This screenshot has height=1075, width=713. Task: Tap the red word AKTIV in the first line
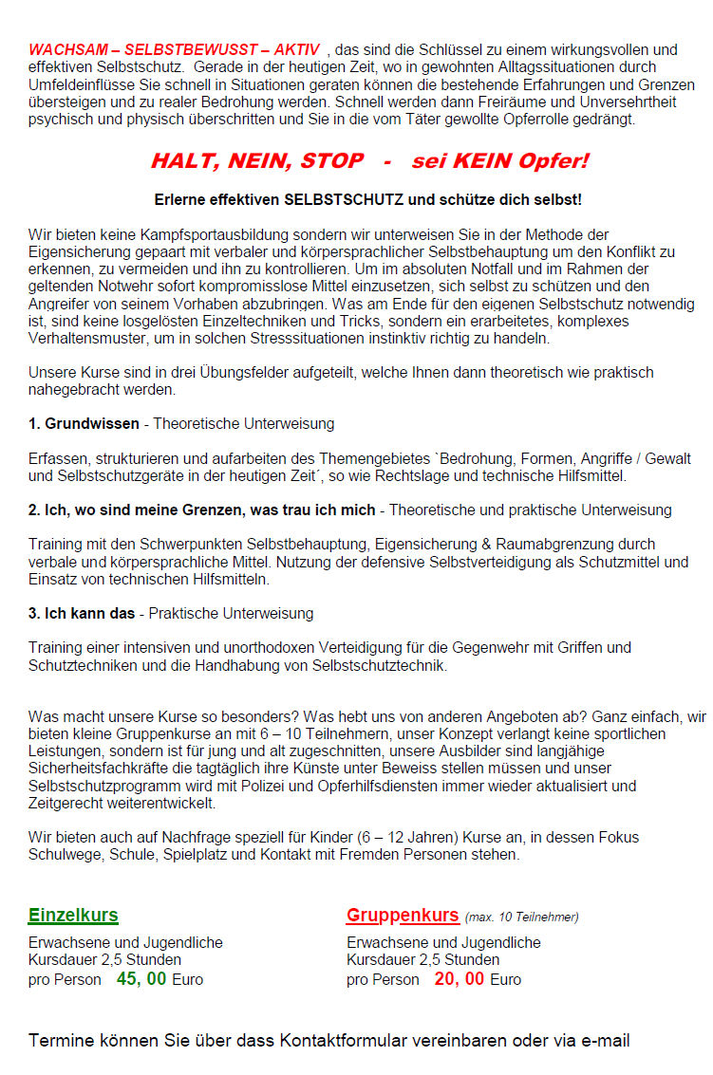(296, 49)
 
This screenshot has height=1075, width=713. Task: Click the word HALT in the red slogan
(183, 161)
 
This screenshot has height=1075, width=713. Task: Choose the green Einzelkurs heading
(73, 916)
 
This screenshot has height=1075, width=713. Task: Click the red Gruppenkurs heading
(403, 916)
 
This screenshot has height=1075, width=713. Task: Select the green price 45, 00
(141, 978)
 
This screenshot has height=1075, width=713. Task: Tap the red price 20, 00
(460, 978)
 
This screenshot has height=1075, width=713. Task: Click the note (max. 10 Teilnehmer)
(521, 917)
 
